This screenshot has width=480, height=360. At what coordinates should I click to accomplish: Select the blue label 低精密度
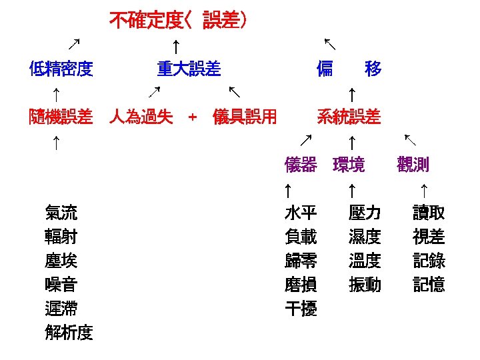point(61,68)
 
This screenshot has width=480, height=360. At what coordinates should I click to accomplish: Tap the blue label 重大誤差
point(189,68)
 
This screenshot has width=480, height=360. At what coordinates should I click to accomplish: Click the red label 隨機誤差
point(61,118)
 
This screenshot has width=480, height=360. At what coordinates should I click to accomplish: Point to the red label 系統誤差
point(349,118)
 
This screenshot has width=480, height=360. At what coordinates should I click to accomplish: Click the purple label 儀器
point(301,165)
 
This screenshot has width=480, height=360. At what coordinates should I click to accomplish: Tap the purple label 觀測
point(413,165)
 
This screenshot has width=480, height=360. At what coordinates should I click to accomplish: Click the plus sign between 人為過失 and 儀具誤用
point(193,118)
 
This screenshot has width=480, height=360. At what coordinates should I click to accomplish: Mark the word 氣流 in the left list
point(61,213)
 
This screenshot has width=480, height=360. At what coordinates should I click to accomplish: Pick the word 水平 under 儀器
point(301,213)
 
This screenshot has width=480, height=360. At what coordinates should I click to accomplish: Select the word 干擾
point(301,309)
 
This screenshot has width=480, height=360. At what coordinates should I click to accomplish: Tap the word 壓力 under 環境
point(365,213)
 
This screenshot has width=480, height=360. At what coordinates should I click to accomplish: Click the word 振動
point(365,285)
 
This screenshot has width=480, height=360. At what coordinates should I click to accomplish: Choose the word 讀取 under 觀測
point(429,213)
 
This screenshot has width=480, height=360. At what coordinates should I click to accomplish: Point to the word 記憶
point(429,285)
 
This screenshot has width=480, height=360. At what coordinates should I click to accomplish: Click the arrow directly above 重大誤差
point(175,45)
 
